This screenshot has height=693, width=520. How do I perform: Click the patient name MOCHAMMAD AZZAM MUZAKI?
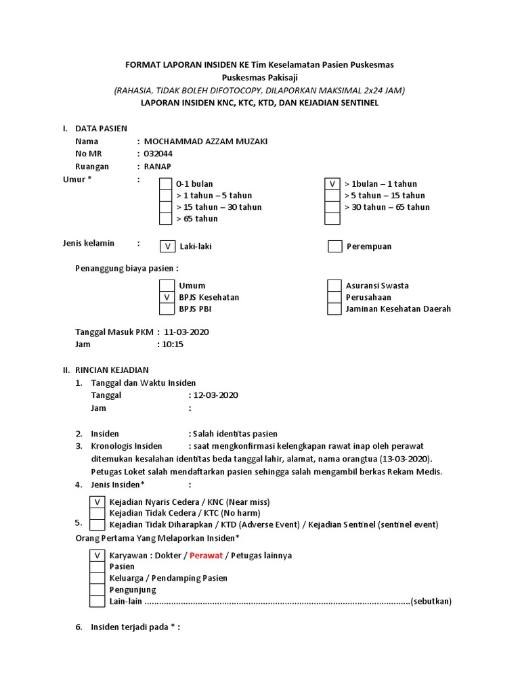201,141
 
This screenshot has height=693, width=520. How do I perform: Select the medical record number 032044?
158,154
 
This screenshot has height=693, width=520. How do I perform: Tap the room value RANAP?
158,166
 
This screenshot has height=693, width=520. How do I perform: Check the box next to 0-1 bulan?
166,184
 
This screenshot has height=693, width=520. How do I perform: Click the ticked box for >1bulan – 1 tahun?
332,184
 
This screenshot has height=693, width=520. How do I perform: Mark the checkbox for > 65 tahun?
166,219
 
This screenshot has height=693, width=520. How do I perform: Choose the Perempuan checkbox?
334,246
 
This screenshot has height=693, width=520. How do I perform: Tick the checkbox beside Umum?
166,286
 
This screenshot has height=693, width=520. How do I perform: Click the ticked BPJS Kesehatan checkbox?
166,297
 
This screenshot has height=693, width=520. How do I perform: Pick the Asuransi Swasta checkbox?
334,286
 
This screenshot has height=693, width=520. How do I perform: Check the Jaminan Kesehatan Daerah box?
334,309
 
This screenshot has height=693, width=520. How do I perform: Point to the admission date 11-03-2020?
188,332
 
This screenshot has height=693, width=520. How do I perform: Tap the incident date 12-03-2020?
216,395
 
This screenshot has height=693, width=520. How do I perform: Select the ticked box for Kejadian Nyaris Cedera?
97,501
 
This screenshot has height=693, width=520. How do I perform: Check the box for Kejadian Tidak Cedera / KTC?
97,513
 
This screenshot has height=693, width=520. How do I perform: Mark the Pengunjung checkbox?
97,589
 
